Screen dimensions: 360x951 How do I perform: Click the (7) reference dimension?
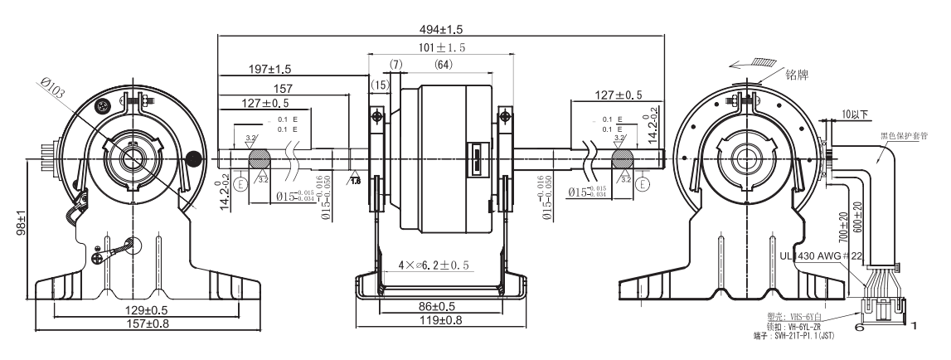click(x=396, y=65)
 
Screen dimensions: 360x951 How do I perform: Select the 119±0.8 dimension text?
click(x=439, y=320)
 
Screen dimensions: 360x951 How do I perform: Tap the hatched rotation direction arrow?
click(x=745, y=62)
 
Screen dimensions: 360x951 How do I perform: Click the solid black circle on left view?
click(x=194, y=158)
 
